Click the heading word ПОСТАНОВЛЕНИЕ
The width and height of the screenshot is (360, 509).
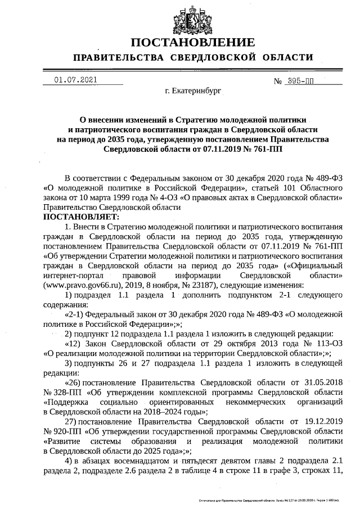point(192,42)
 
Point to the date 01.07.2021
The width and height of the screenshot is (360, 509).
point(76,80)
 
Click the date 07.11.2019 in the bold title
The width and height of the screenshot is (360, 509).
point(214,150)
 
